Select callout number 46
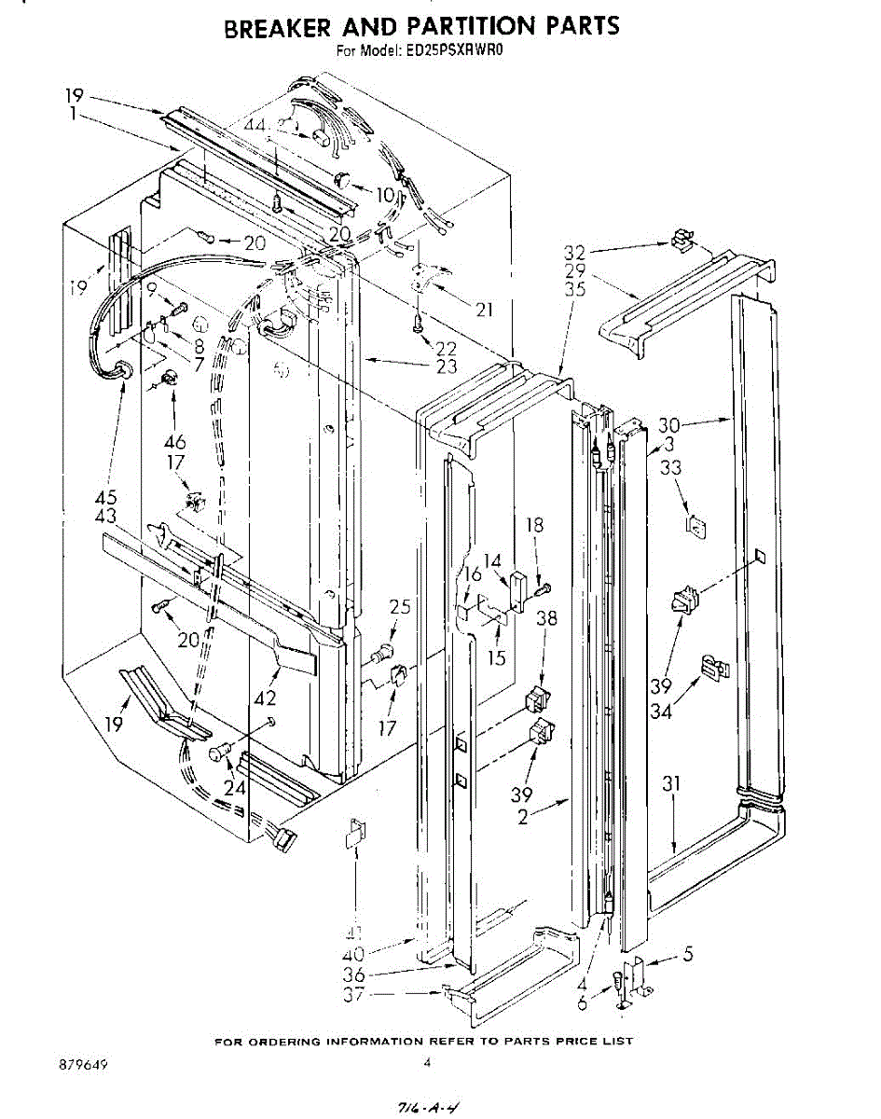(174, 442)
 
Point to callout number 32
(575, 251)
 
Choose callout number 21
(483, 309)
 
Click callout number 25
(400, 608)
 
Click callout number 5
(687, 955)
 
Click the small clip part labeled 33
(695, 529)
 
